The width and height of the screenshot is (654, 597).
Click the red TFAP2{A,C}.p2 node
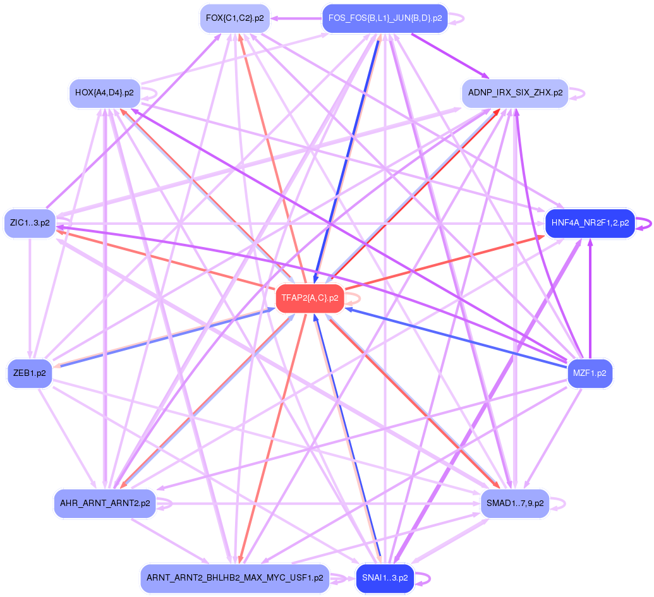(x=310, y=298)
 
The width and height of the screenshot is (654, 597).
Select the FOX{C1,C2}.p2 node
(x=234, y=19)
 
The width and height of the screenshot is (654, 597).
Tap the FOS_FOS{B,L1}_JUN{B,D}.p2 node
(x=385, y=19)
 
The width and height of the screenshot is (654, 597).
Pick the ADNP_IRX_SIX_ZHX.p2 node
(x=515, y=93)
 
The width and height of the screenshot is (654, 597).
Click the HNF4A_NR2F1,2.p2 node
(x=590, y=224)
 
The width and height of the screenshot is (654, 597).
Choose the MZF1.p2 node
(x=590, y=373)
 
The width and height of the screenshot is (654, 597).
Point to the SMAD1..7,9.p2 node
(x=515, y=504)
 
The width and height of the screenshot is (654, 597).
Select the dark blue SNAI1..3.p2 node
(x=385, y=578)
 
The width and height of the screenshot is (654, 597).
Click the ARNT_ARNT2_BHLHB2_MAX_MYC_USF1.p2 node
(x=234, y=578)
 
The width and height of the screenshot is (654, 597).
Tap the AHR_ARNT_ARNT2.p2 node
(x=105, y=504)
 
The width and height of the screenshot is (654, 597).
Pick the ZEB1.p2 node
(x=29, y=373)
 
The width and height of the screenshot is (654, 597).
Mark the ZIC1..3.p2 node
(x=30, y=224)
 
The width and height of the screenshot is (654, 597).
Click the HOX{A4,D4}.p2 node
(x=104, y=93)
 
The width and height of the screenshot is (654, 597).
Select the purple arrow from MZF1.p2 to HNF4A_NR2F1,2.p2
(x=590, y=297)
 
